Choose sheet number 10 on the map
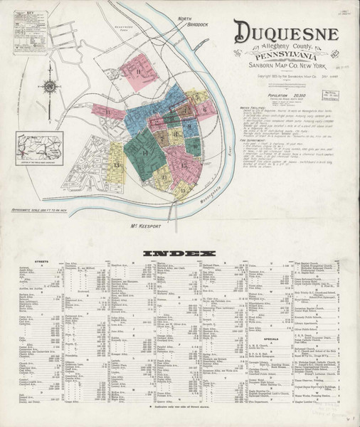[x=195, y=147]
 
